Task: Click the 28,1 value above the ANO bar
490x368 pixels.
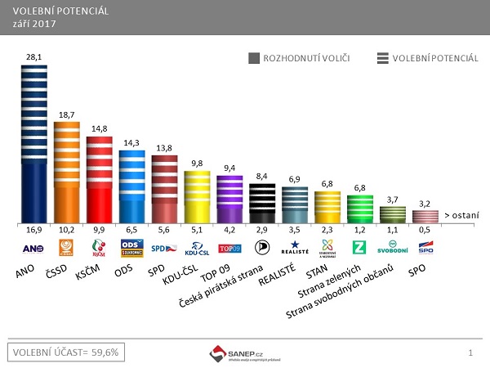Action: [33, 56]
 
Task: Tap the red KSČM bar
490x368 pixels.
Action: [100, 180]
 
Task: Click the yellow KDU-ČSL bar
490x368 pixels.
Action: [198, 196]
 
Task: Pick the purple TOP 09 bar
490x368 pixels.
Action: [230, 199]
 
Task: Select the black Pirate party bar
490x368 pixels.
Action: [263, 203]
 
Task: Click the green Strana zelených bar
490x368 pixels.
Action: [360, 209]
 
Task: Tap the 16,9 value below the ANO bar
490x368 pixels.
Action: [33, 231]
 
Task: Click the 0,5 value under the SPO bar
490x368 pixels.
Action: [425, 231]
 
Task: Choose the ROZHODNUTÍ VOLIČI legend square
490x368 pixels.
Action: [254, 58]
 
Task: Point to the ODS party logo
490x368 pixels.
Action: [132, 247]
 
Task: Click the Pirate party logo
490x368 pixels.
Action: [262, 247]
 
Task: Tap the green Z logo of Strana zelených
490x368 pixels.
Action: [360, 247]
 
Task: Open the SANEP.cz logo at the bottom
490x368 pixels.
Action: [245, 352]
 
